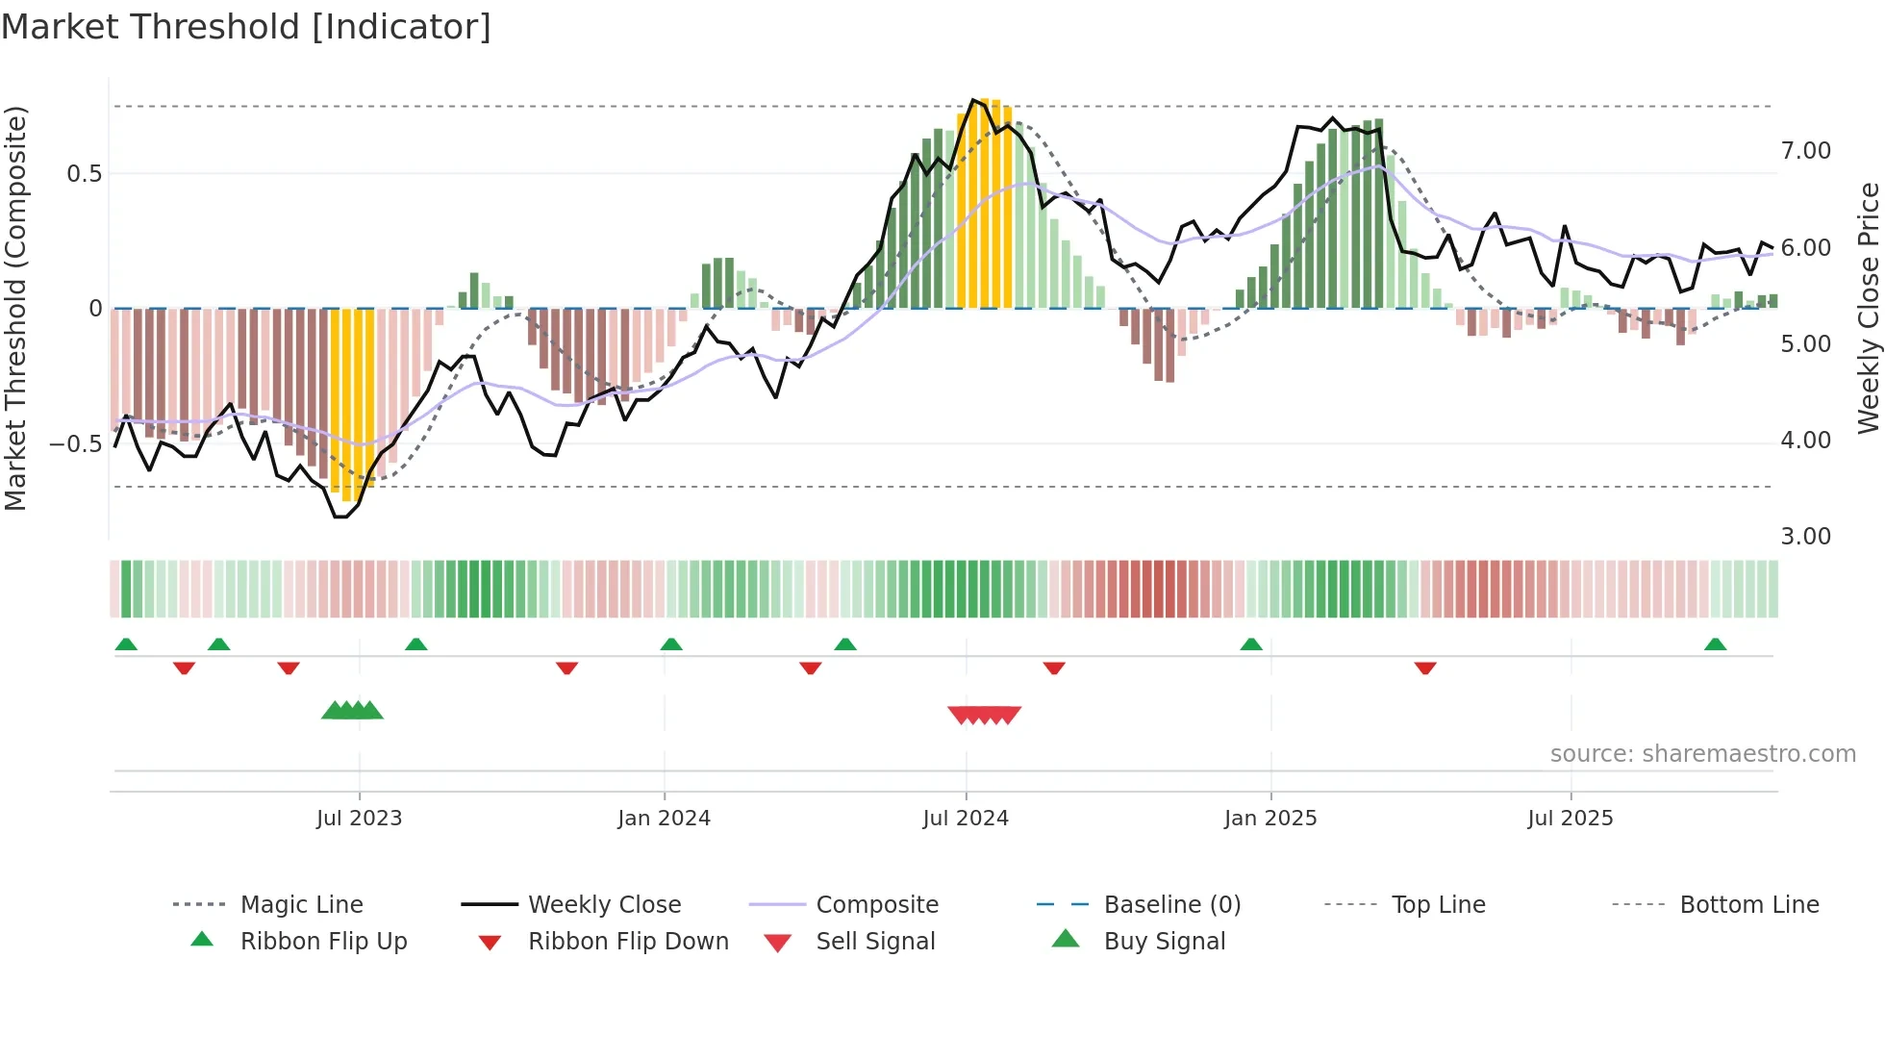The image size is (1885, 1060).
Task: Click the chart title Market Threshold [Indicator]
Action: [x=246, y=27]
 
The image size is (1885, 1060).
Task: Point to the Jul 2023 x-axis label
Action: [x=359, y=819]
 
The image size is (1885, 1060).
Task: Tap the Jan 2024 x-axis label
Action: [x=664, y=819]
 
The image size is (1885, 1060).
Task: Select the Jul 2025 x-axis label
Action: [x=1570, y=819]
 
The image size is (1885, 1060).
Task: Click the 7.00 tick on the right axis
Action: [x=1805, y=151]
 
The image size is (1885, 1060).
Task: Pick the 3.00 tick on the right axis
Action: [x=1805, y=537]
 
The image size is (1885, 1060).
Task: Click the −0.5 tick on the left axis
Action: [x=75, y=443]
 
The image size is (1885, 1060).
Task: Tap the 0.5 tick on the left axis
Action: [x=84, y=174]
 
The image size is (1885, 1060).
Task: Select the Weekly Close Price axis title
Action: [x=1868, y=308]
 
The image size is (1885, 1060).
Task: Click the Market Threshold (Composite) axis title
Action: [x=15, y=308]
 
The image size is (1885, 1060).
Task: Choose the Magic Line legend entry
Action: [x=301, y=905]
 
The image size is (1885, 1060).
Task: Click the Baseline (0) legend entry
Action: [x=1171, y=905]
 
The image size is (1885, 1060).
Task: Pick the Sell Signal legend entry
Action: [x=874, y=942]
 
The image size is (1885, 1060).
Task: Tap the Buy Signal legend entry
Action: [x=1164, y=942]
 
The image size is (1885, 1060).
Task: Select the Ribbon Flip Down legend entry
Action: [x=627, y=942]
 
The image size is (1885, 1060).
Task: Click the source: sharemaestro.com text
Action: [x=1702, y=754]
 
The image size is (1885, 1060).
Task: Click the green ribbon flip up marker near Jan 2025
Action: [x=1250, y=644]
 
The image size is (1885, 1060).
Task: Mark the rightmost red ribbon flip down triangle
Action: [x=1425, y=668]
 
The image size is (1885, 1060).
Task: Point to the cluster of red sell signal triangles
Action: [x=984, y=715]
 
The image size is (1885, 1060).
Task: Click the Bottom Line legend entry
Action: [x=1748, y=905]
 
